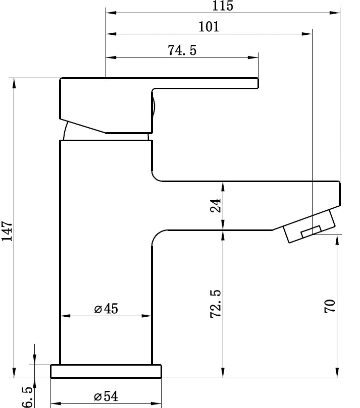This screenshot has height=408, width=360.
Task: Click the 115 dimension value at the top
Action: (x=223, y=6)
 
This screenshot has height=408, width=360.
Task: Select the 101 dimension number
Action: (x=209, y=27)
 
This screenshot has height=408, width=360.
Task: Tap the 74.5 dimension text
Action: (x=181, y=50)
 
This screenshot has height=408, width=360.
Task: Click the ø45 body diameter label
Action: (x=106, y=309)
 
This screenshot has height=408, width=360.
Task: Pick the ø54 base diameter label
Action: (x=106, y=396)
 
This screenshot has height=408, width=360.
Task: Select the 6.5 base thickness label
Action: (x=28, y=397)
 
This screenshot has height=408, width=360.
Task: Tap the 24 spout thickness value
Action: (x=216, y=205)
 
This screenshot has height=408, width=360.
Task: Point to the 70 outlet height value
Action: (x=330, y=307)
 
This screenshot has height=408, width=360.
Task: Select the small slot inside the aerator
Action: (x=311, y=231)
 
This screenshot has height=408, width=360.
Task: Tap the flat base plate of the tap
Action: (x=106, y=371)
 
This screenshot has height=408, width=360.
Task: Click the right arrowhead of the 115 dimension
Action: (x=335, y=13)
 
